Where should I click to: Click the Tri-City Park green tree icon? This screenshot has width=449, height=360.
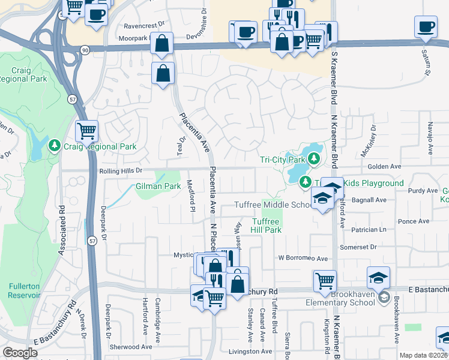point(313,160)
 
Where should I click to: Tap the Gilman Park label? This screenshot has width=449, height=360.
point(158,187)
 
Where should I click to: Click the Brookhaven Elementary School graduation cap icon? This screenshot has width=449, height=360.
point(379,278)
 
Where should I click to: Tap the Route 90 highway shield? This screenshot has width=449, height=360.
point(86,50)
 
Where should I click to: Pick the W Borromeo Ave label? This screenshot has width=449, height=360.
point(303,259)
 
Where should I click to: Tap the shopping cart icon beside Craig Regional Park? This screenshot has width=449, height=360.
point(87,130)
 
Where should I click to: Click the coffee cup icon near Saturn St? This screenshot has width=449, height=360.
point(426,27)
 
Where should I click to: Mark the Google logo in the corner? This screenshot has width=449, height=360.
point(20,353)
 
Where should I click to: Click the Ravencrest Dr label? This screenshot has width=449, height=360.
point(143,26)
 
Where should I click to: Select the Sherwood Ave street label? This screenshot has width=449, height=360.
point(130,347)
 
